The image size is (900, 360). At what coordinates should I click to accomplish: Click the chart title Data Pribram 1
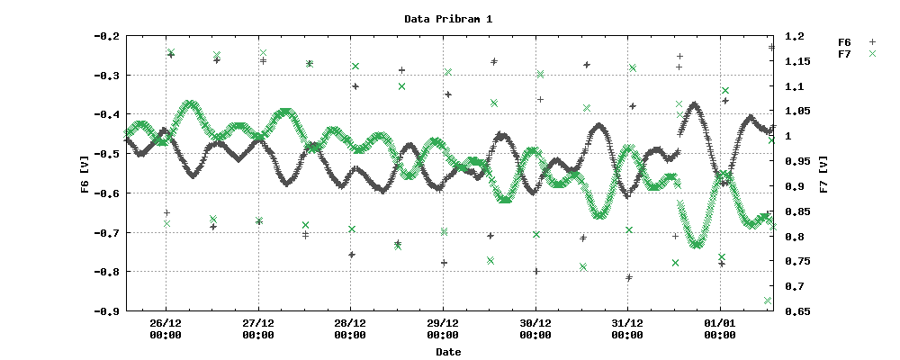(x=448, y=19)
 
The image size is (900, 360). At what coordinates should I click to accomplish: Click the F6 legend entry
(x=844, y=42)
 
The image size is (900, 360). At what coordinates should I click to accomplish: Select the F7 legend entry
(x=844, y=54)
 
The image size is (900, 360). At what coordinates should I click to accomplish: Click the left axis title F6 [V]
(x=85, y=174)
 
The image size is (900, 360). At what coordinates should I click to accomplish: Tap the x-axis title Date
(x=448, y=352)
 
